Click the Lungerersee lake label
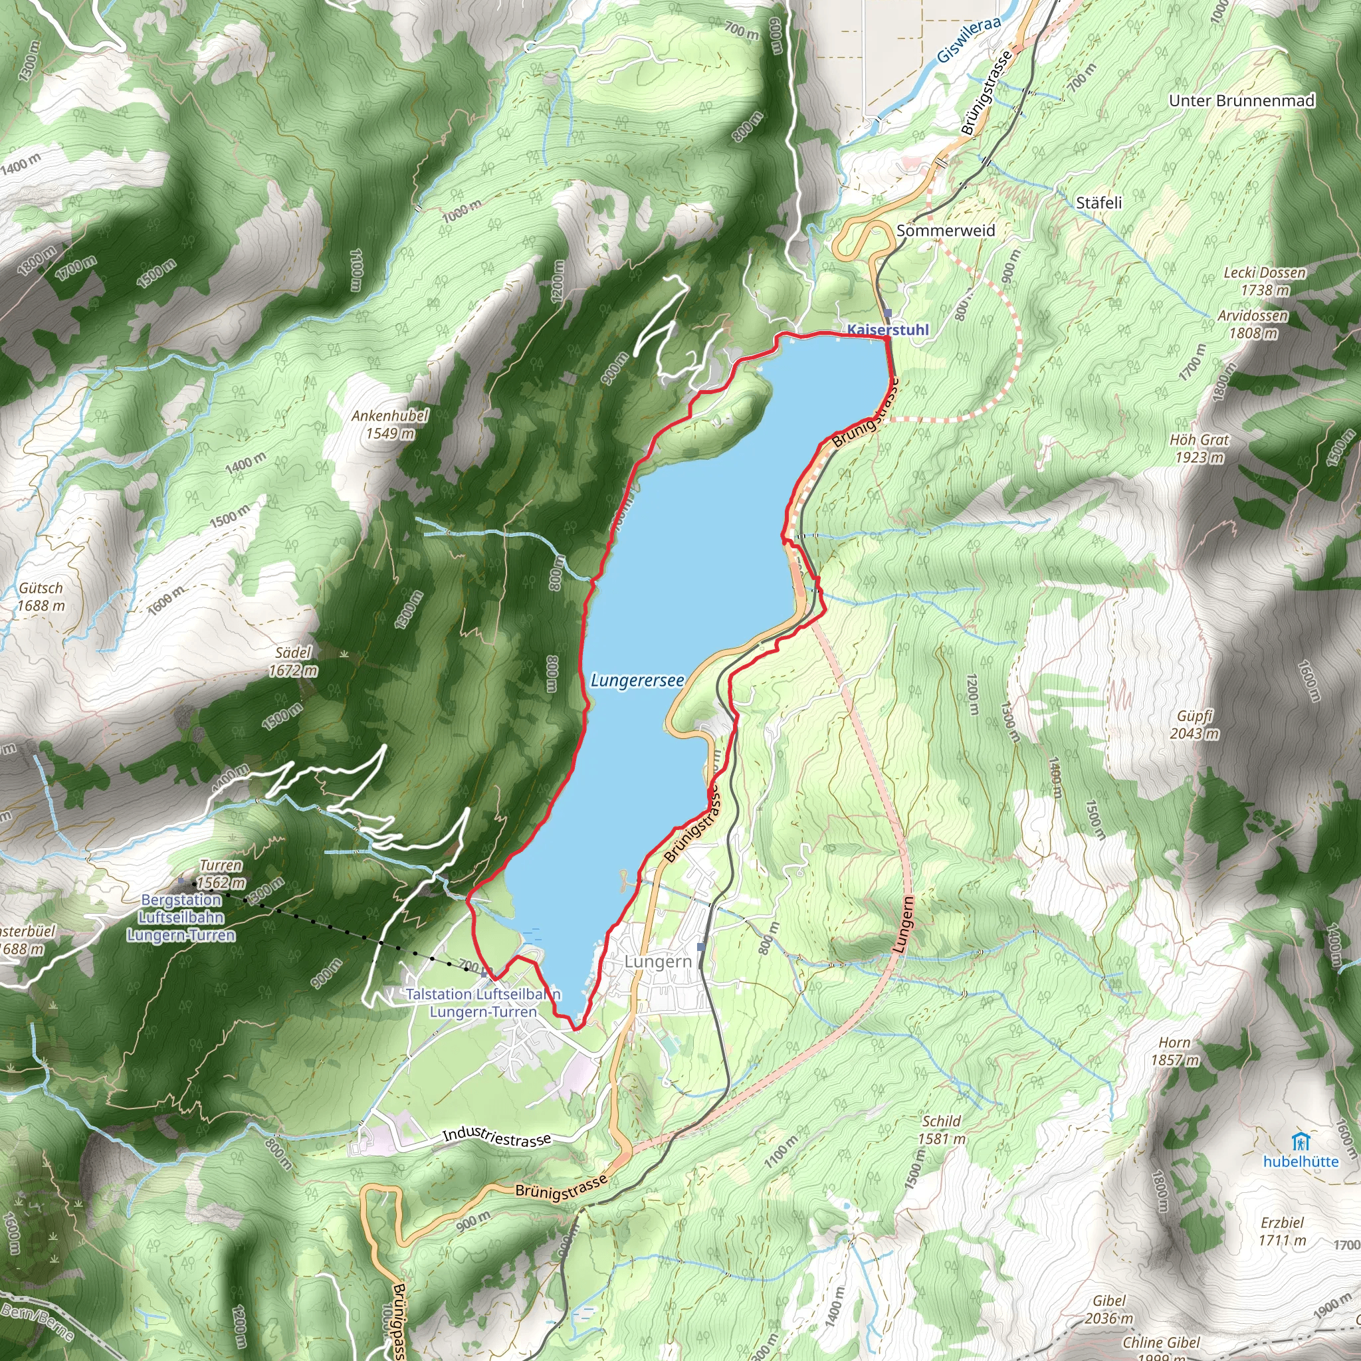[637, 680]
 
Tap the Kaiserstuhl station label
[888, 330]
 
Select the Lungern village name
[658, 962]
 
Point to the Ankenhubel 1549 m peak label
[389, 424]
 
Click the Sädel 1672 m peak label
[293, 661]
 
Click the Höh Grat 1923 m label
[1199, 448]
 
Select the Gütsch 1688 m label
[41, 597]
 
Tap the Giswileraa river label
[969, 40]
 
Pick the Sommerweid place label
[946, 231]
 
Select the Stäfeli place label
[1099, 203]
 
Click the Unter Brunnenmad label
[1241, 101]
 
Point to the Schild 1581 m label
[941, 1129]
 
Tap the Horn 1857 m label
[1174, 1051]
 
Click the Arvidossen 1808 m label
[1253, 324]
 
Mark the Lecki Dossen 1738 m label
[1265, 281]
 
